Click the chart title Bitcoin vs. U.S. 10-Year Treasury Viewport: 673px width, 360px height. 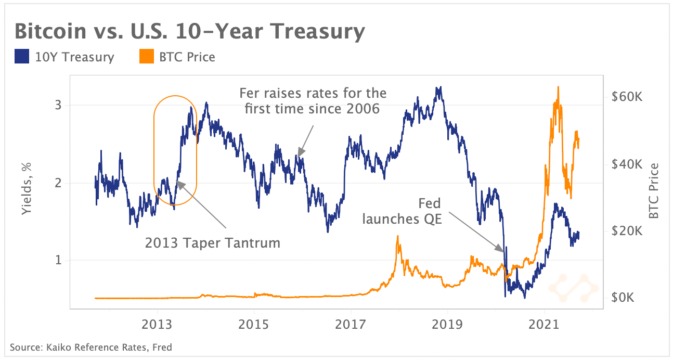pyautogui.click(x=190, y=32)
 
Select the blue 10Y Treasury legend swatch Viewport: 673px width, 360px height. pyautogui.click(x=21, y=57)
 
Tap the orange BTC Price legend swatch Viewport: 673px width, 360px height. pyautogui.click(x=147, y=57)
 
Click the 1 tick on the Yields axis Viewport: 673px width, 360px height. pyautogui.click(x=58, y=260)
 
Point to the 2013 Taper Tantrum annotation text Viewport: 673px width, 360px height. pyautogui.click(x=212, y=242)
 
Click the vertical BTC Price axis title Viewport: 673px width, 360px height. pyautogui.click(x=654, y=190)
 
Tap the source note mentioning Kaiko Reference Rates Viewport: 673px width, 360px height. pyautogui.click(x=91, y=347)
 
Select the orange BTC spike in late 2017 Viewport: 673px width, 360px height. pyautogui.click(x=398, y=237)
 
